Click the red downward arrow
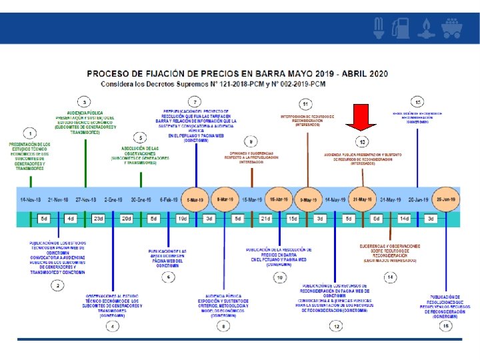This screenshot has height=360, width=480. coord(361,117)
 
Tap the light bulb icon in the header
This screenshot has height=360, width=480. coord(379,27)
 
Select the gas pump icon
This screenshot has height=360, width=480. coord(401,27)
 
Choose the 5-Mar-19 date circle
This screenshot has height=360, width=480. coord(196,199)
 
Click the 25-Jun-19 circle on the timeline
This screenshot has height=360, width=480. coord(446,199)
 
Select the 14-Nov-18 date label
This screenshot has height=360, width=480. coord(31,199)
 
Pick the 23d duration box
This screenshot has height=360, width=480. coord(99,219)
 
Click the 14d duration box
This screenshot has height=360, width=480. coord(404,219)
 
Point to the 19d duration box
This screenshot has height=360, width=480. coord(182,219)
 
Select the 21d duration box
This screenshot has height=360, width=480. coord(265,219)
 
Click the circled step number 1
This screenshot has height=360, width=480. coord(29,132)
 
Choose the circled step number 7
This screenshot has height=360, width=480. coord(195,101)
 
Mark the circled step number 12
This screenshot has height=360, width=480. coord(337,326)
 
